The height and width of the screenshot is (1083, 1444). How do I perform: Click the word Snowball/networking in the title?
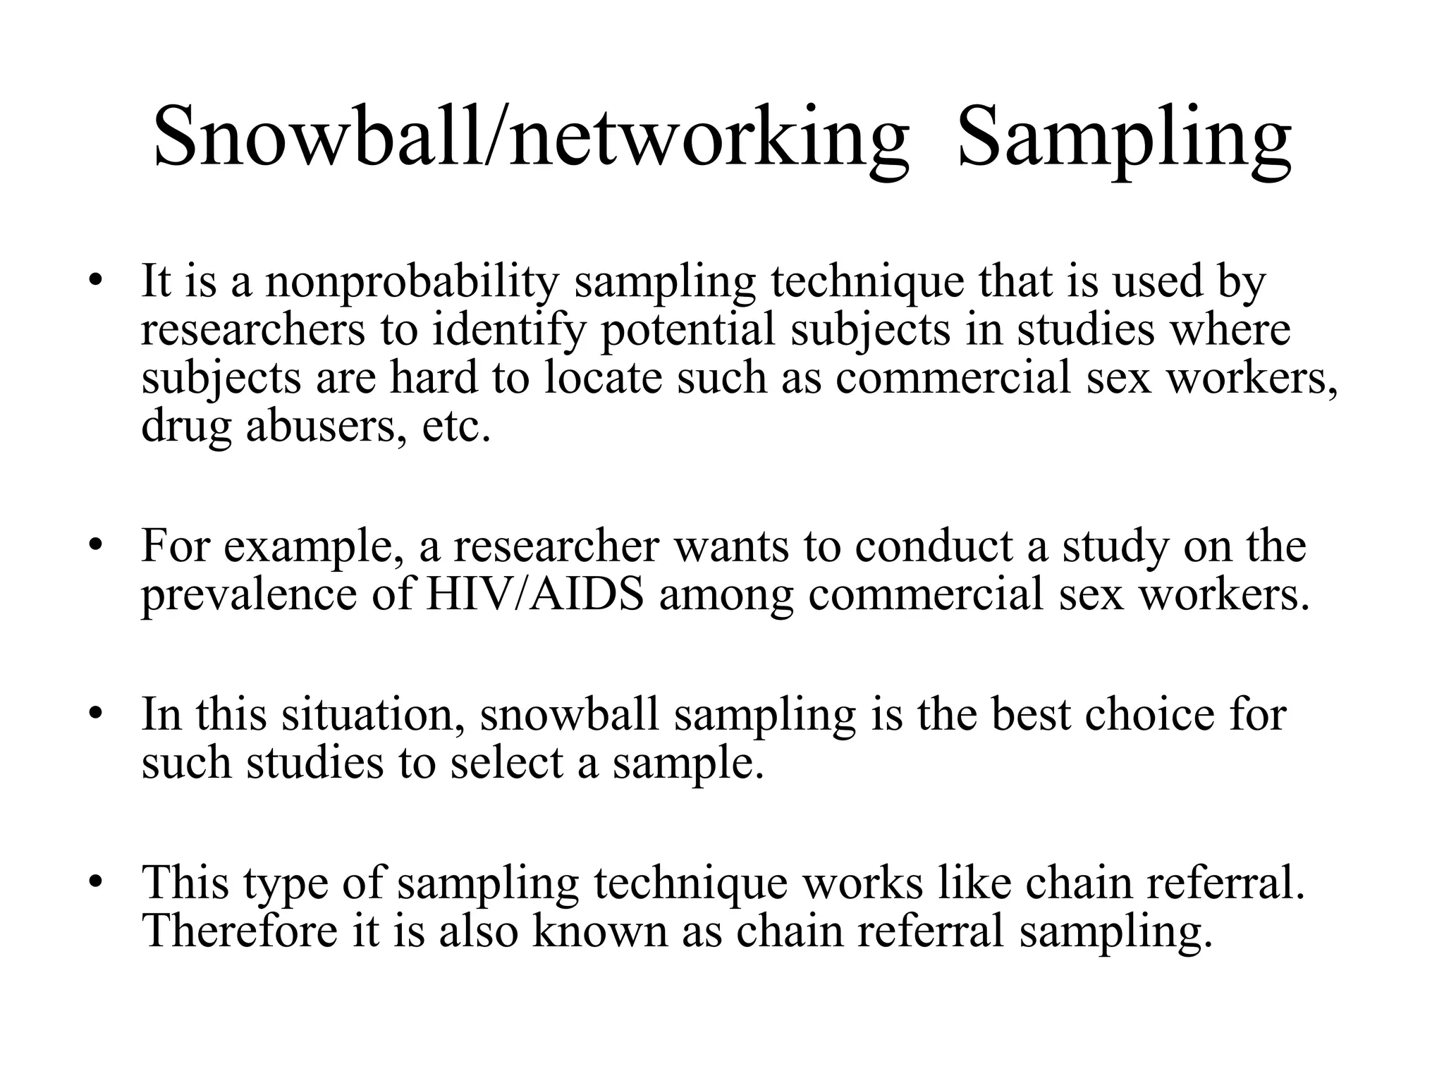click(530, 135)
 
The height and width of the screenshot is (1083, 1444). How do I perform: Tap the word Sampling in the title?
click(1125, 135)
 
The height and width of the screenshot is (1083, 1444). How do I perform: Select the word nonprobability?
click(412, 282)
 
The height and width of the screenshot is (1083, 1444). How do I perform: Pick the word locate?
click(603, 378)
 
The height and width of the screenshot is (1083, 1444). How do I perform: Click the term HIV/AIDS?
click(534, 594)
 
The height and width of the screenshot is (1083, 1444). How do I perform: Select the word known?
click(599, 931)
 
